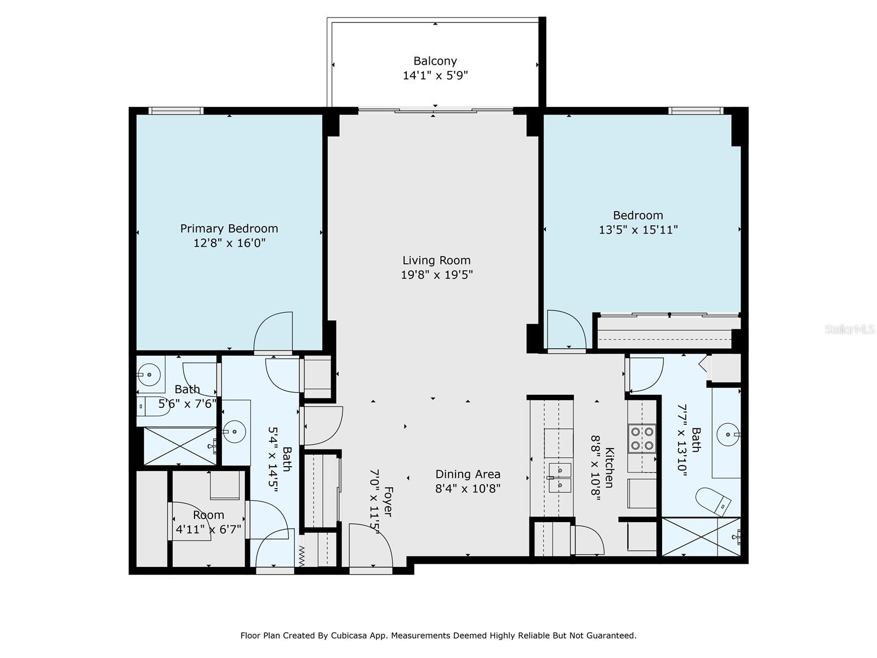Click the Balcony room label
point(435,61)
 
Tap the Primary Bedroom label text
point(229,229)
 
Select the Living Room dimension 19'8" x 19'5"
point(437,275)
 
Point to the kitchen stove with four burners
point(642,438)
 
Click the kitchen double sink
point(560,478)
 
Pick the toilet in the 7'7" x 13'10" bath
point(713,501)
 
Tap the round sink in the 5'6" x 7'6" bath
point(149,375)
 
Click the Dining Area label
point(468,474)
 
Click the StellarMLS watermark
point(849,329)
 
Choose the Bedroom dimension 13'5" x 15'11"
point(638,230)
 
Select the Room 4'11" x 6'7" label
point(208,522)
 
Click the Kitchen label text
point(610,467)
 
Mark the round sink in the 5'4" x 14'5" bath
point(235,432)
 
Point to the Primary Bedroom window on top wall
point(176,111)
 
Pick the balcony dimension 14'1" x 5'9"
point(435,76)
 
